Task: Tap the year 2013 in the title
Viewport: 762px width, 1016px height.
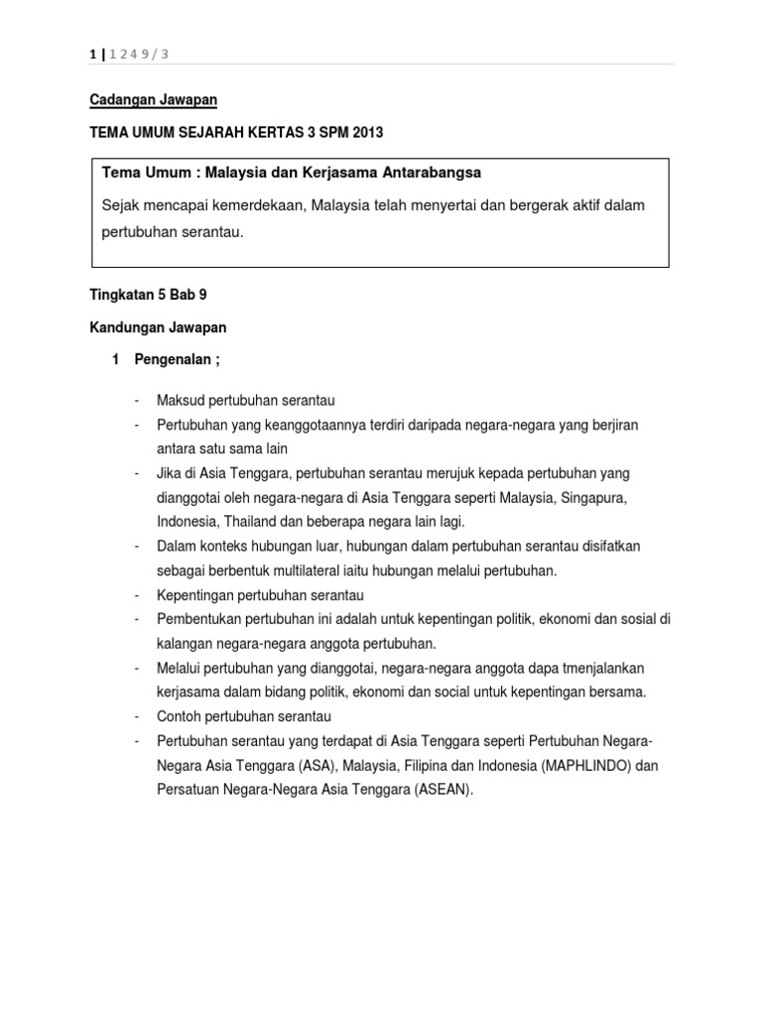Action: pyautogui.click(x=364, y=132)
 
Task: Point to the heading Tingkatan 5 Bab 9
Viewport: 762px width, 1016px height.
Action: pyautogui.click(x=148, y=295)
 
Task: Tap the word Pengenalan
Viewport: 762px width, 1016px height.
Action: pyautogui.click(x=173, y=358)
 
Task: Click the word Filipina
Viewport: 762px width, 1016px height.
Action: pyautogui.click(x=422, y=766)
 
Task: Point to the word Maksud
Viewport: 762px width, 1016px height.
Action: pyautogui.click(x=179, y=400)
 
